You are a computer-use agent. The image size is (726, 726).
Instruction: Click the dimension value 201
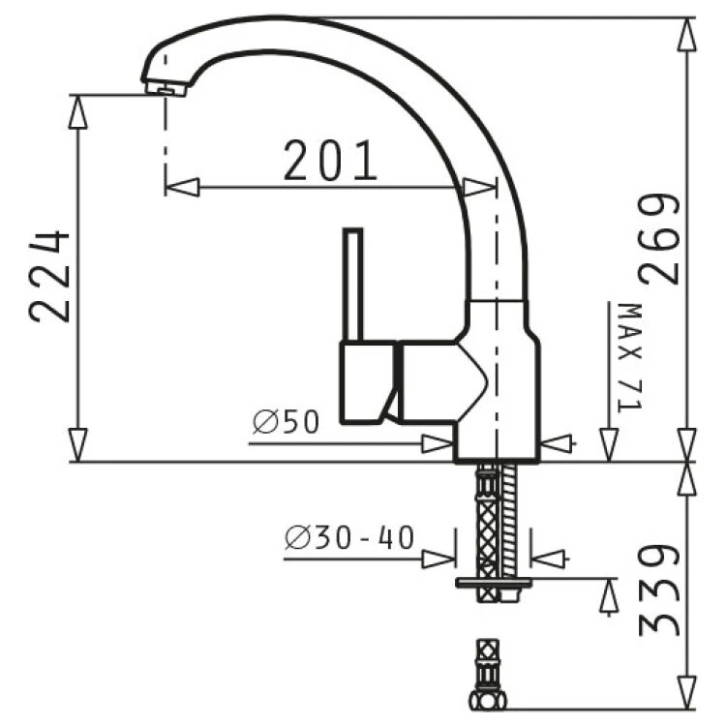[x=330, y=160]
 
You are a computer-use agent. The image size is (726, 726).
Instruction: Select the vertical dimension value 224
[x=49, y=277]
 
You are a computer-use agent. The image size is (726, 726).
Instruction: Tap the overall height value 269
[x=659, y=239]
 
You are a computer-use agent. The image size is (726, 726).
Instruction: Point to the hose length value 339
[x=659, y=590]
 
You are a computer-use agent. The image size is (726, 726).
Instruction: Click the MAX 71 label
[x=630, y=357]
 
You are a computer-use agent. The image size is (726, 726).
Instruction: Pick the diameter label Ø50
[x=287, y=421]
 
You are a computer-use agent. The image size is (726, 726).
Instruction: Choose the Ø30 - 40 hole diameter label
[x=349, y=537]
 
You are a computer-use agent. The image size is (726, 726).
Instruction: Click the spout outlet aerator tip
[x=166, y=89]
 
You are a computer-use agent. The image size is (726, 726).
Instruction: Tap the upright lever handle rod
[x=352, y=285]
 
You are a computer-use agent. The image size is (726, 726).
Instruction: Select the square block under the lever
[x=368, y=382]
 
